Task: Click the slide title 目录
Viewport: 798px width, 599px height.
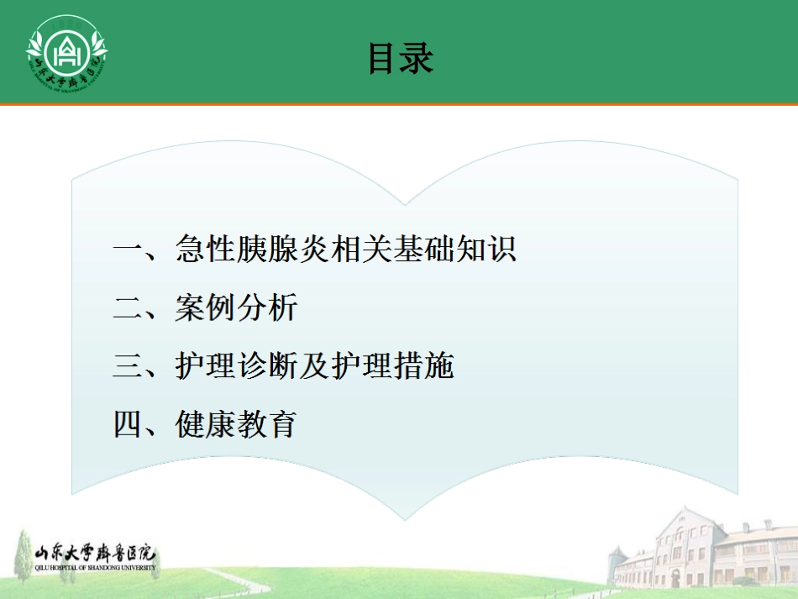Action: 400,59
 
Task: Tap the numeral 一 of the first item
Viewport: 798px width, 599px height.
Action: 129,250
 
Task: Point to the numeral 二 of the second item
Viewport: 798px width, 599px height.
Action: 129,308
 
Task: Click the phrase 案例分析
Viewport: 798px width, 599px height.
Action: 237,308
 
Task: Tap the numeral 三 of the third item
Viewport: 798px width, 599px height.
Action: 129,367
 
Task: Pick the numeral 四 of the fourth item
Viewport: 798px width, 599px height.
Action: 129,425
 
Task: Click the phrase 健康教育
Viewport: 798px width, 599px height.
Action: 237,425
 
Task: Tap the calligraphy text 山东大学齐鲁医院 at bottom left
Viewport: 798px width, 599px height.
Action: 94,554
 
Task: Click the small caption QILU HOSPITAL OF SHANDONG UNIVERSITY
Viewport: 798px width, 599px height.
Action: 94,567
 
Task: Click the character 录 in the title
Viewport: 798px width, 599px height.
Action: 417,59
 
